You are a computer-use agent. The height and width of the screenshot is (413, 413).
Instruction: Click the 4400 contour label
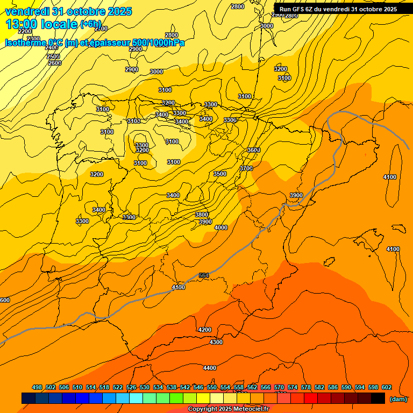210,368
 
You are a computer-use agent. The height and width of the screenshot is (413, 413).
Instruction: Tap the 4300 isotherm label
216,342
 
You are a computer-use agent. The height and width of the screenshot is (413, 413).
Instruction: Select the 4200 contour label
205,330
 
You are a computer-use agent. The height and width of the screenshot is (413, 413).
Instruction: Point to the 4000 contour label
221,227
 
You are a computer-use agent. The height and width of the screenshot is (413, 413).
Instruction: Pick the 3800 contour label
202,215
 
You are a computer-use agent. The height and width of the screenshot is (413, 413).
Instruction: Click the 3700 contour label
246,168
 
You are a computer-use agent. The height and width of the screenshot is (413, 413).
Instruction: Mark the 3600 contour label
254,150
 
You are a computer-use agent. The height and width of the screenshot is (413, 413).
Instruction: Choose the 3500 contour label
220,174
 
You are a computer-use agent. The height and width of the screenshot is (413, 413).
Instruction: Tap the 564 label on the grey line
204,275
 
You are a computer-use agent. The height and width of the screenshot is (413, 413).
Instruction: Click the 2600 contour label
55,63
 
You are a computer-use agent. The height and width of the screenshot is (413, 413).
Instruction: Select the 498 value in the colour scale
37,387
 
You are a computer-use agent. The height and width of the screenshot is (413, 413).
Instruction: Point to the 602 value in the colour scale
387,387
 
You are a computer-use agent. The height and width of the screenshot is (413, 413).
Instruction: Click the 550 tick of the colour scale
212,387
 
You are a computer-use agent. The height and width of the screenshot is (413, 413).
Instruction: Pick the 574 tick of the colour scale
293,387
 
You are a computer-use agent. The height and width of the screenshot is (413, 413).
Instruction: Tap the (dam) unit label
398,398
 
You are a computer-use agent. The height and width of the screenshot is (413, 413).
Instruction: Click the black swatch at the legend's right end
378,398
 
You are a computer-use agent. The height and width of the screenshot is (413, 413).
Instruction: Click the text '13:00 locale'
41,24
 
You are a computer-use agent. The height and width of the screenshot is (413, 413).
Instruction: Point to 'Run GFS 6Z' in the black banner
296,9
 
